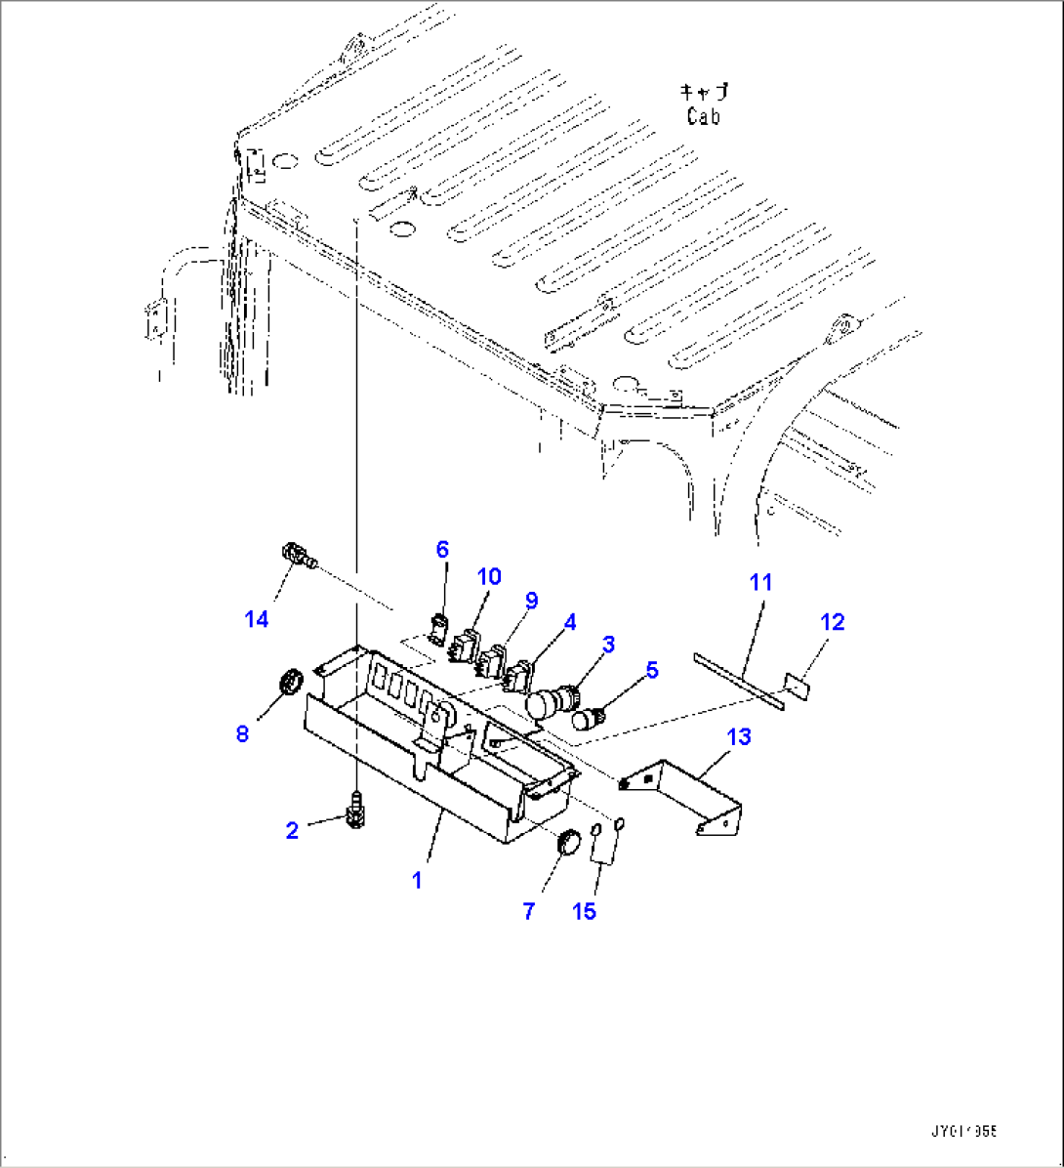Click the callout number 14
point(257,619)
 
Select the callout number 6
point(442,550)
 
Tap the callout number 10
point(489,576)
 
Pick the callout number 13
point(740,736)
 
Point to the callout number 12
point(833,622)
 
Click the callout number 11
point(760,582)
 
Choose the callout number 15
point(585,911)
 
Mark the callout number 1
point(417,880)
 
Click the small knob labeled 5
point(589,719)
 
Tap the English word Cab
point(703,117)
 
